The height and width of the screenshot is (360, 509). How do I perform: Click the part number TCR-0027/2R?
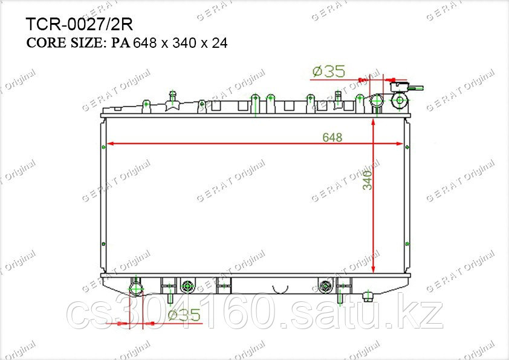79,24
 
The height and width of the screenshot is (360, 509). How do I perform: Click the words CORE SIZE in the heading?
65,42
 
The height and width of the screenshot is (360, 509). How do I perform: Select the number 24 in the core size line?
219,43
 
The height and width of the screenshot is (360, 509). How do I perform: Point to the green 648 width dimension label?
332,137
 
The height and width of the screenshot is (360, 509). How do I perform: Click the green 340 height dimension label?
368,180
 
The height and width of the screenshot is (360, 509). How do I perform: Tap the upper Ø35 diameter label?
328,71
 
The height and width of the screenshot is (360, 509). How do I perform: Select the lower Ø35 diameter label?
184,315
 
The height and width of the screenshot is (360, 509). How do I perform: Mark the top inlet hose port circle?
377,101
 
